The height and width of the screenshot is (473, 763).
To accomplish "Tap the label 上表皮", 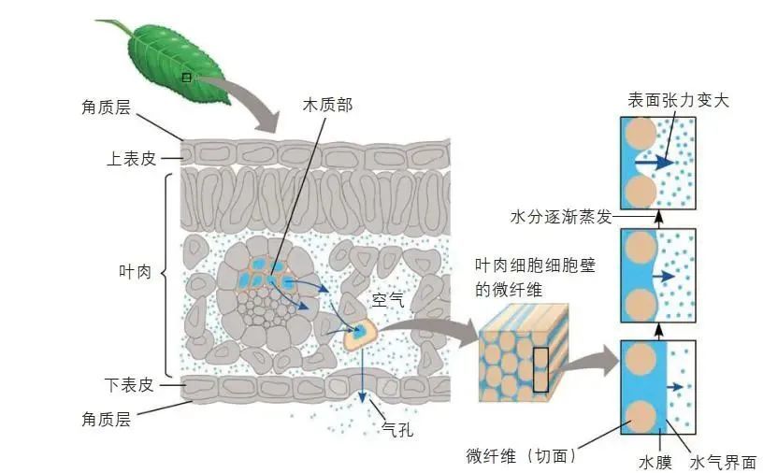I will tap(131, 158).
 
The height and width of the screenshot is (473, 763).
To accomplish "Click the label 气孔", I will tap(396, 431).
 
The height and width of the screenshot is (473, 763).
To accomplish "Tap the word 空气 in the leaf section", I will tap(387, 300).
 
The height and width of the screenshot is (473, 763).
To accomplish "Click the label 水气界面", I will tap(722, 462).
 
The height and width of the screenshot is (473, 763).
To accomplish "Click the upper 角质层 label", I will tap(110, 107).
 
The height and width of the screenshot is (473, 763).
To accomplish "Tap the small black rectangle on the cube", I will tap(541, 368).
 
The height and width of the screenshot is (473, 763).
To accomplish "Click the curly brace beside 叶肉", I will tap(171, 272).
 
